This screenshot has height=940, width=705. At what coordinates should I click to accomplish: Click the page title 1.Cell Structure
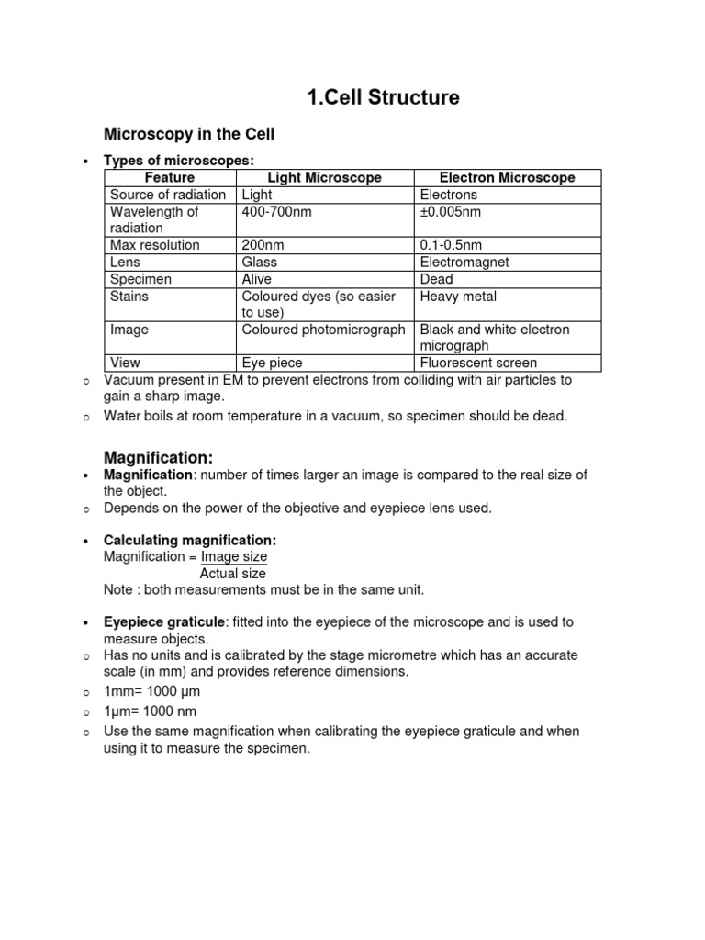tap(382, 97)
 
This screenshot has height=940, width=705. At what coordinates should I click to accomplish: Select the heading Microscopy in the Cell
tap(189, 135)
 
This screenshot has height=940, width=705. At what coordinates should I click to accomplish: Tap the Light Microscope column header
tap(325, 178)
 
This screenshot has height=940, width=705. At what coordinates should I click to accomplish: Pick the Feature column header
tap(170, 178)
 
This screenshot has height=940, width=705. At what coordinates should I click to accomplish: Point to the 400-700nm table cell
tap(271, 211)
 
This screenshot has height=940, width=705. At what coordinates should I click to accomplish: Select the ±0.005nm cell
tap(451, 211)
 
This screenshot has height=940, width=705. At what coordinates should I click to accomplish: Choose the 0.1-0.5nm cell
tap(451, 245)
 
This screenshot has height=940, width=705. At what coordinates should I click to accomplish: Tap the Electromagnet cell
tap(464, 262)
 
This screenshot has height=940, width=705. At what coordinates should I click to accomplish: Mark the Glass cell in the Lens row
tap(260, 262)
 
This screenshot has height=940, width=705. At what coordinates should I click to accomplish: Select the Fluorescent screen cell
tap(478, 363)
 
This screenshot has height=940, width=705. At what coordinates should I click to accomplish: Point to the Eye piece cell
tap(272, 363)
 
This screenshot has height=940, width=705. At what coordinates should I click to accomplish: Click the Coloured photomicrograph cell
tap(323, 329)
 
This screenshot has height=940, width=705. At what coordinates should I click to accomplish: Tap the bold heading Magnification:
tap(158, 457)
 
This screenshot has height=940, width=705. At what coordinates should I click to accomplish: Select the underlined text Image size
tap(234, 556)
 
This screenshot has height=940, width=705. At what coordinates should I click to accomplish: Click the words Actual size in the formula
tap(233, 573)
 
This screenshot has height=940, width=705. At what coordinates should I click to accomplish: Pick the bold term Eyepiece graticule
tap(164, 621)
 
